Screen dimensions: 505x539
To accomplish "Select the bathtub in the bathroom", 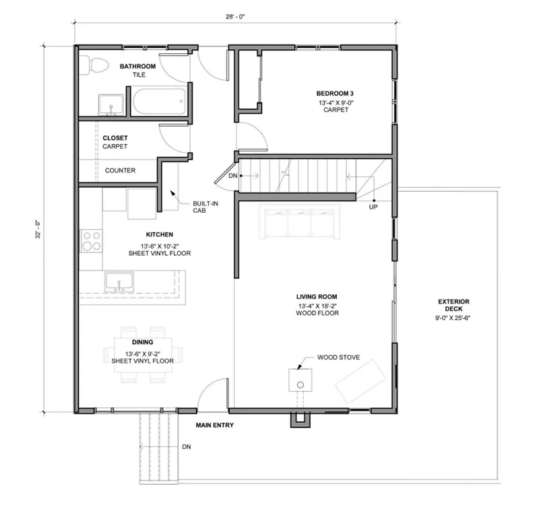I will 158,104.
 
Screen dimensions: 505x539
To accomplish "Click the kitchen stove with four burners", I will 92,241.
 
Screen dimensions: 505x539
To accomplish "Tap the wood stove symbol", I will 299,380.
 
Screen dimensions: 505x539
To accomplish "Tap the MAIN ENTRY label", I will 214,426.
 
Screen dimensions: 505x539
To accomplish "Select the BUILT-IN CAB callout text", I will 203,206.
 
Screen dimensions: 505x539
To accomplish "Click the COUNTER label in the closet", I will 120,170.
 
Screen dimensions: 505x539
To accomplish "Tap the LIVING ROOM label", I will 317,296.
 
